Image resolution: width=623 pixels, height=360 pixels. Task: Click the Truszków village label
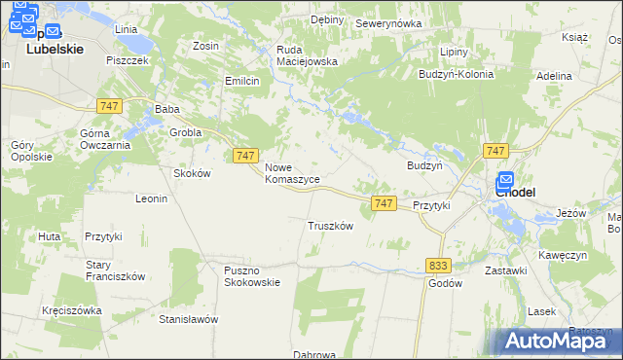click(329, 226)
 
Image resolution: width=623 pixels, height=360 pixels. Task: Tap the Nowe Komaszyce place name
click(292, 173)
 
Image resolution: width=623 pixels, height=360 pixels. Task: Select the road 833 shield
click(438, 265)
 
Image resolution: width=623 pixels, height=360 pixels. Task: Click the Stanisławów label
click(188, 319)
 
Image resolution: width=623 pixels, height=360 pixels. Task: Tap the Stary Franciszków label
click(115, 270)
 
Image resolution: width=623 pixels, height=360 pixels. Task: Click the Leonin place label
click(152, 198)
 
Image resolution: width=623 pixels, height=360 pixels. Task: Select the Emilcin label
click(241, 81)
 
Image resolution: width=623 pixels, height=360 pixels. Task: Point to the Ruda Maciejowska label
click(307, 54)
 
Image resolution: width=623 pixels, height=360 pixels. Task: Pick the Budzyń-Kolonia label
click(456, 74)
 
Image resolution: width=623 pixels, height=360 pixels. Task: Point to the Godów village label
click(445, 283)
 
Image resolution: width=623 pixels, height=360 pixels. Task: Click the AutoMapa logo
click(558, 341)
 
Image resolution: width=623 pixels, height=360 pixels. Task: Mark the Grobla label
click(185, 132)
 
